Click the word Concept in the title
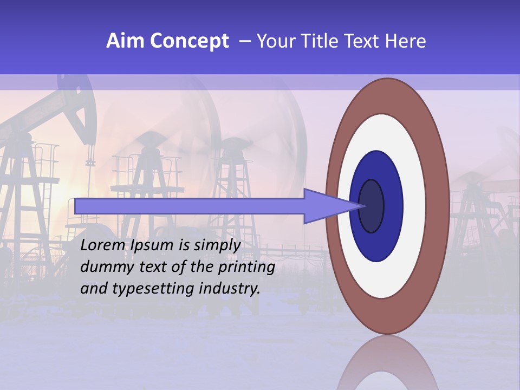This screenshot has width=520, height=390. [189, 41]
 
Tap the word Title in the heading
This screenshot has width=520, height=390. [327, 41]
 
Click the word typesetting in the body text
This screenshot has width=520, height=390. [154, 289]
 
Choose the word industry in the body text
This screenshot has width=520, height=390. [230, 289]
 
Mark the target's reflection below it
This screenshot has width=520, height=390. [388, 363]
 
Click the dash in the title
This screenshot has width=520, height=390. [244, 41]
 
